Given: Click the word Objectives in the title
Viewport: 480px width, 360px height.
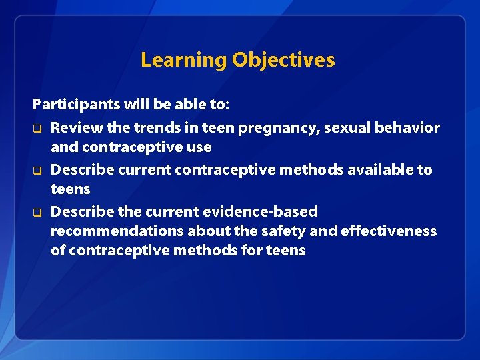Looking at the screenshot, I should click(283, 60).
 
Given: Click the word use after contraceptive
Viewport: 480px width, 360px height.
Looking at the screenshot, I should click(198, 147).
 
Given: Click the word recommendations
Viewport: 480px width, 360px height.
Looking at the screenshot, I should click(117, 231).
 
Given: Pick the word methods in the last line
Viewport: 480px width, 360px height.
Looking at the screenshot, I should click(233, 251).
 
